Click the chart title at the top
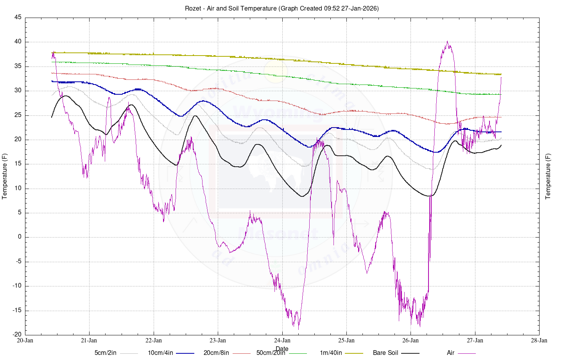[x=281, y=8]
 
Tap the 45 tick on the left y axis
[x=18, y=18]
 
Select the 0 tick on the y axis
[x=20, y=237]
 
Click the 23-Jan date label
[x=218, y=340]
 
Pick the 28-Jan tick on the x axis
[x=539, y=340]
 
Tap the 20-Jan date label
[x=25, y=340]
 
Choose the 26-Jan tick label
[x=411, y=340]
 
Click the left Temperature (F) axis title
[x=5, y=176]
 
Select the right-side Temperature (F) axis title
[x=548, y=176]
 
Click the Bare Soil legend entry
[x=385, y=353]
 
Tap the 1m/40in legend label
[x=331, y=353]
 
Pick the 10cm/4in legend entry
[x=160, y=353]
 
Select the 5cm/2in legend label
[x=106, y=353]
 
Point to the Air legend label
[x=450, y=353]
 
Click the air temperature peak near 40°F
[x=447, y=41]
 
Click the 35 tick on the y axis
[x=18, y=67]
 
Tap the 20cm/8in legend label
[x=216, y=353]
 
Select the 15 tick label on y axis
[x=18, y=164]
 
